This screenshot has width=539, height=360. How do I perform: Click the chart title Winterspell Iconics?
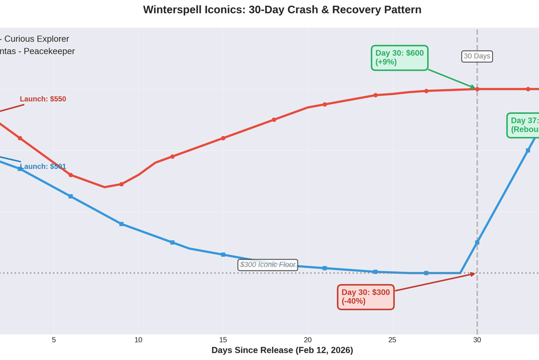tap(282, 9)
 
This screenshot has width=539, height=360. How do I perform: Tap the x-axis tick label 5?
tap(54, 340)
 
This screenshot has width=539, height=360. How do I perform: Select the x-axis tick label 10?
tap(138, 340)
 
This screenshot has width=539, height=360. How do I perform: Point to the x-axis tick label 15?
tap(223, 340)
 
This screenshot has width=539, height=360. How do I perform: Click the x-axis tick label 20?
tap(308, 340)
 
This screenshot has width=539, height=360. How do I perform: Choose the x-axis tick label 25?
tap(392, 340)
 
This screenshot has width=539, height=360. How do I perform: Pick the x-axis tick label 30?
tap(477, 340)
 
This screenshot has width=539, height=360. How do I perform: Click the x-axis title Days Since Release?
tap(282, 350)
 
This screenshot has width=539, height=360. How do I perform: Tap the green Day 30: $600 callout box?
tap(400, 57)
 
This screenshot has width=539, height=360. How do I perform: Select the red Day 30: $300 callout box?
tap(366, 297)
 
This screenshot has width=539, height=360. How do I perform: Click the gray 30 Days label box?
tap(477, 56)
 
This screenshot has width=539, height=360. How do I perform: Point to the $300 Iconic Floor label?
tap(268, 265)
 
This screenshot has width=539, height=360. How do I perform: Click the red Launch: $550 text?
tap(43, 99)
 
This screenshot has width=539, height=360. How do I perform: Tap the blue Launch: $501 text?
tap(43, 166)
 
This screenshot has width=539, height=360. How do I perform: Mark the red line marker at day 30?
tap(477, 89)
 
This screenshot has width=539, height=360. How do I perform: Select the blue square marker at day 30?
tap(477, 243)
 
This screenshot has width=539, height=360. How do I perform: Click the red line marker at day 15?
tap(223, 138)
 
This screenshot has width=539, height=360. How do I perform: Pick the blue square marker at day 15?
tap(223, 255)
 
